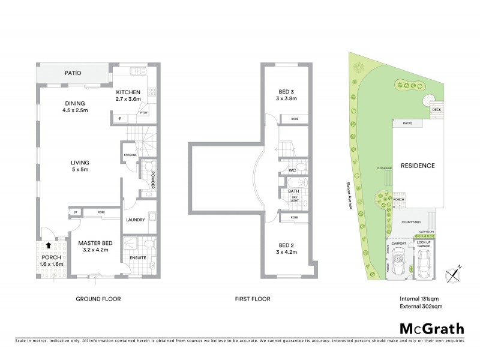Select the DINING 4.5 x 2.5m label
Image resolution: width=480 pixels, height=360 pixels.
[75, 106]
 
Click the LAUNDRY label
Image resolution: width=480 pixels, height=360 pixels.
[136, 220]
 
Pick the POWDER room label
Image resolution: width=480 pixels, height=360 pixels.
[153, 179]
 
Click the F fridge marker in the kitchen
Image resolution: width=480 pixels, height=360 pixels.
[120, 119]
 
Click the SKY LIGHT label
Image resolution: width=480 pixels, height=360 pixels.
[295, 200]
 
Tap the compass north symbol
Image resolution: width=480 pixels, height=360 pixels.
[454, 272]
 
